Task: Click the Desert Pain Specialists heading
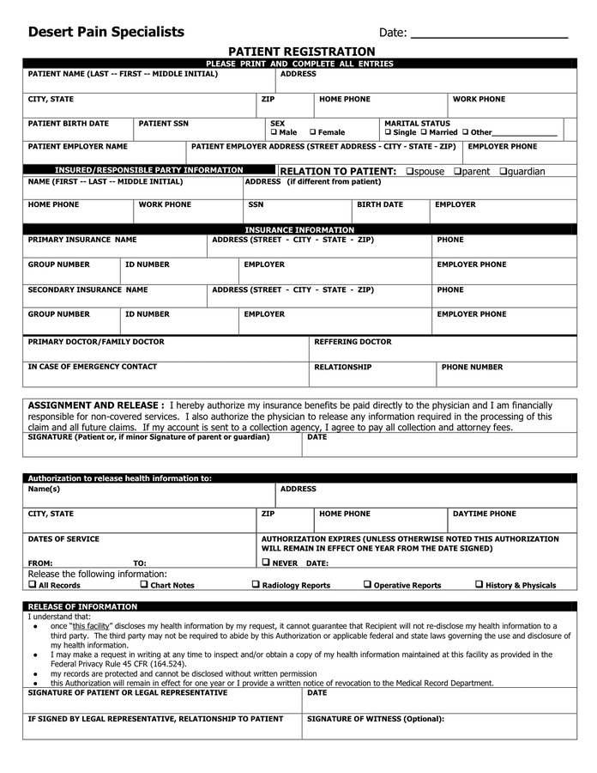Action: pos(106,32)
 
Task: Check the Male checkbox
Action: pos(274,132)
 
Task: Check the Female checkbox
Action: pos(313,132)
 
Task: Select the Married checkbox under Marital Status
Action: pos(424,132)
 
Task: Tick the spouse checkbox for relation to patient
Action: pos(409,171)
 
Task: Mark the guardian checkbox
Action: pos(503,171)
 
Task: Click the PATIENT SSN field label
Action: pos(163,123)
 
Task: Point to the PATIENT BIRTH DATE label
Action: pos(69,123)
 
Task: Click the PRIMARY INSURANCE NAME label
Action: pos(82,240)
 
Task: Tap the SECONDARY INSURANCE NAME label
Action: pos(87,289)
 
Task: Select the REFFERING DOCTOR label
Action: pos(353,342)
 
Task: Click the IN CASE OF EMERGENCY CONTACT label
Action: pos(93,367)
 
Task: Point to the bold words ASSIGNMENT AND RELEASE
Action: pos(96,405)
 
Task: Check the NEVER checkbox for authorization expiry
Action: pos(266,563)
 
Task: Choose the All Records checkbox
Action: pos(32,584)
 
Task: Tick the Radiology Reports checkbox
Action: pos(256,584)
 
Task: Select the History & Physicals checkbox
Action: pos(479,584)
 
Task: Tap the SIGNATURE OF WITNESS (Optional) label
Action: pos(376,718)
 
